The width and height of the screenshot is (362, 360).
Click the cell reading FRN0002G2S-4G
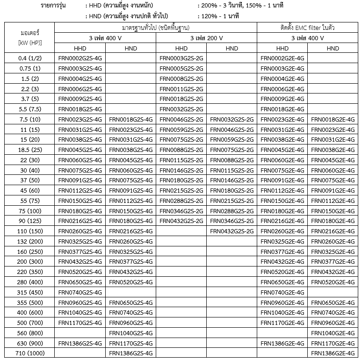(x=80, y=58)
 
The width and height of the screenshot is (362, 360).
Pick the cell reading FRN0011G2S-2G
(x=181, y=89)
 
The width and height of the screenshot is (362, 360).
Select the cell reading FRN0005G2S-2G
(x=181, y=69)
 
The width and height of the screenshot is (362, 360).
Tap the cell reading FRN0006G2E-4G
(x=282, y=89)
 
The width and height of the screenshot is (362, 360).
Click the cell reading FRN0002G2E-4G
(x=282, y=58)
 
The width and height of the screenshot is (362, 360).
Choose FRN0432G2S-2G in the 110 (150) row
(x=232, y=231)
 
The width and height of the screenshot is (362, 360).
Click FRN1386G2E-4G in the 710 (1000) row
(x=333, y=353)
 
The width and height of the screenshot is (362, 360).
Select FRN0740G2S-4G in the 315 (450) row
(x=80, y=292)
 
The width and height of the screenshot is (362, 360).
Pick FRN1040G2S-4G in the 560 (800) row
(x=130, y=332)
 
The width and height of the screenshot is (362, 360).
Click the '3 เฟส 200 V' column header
(x=206, y=38)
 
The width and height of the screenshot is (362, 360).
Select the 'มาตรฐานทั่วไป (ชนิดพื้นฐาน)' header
(x=156, y=28)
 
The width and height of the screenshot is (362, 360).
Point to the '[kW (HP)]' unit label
(x=29, y=43)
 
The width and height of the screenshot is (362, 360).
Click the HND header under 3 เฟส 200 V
(x=232, y=48)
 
